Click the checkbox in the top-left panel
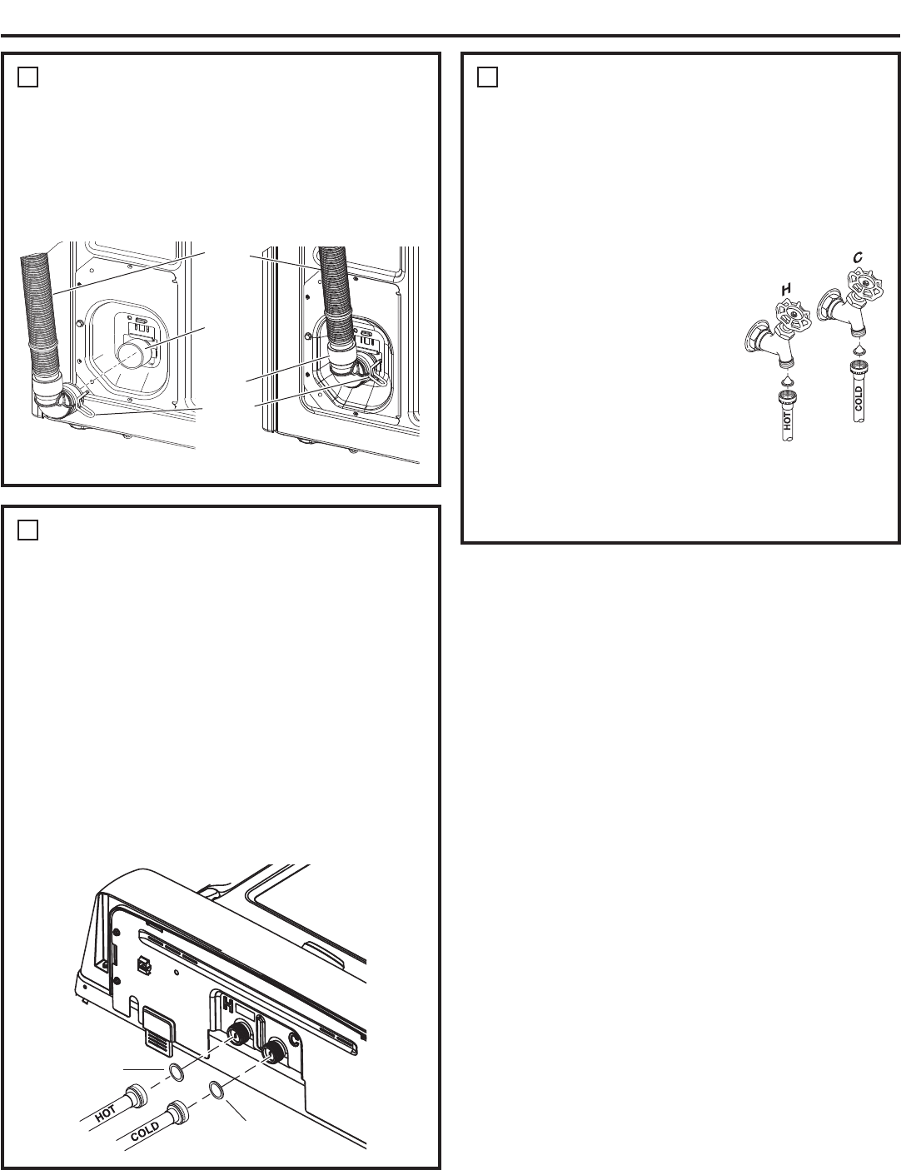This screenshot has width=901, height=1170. tap(27, 77)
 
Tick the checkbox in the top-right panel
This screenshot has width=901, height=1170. tap(487, 77)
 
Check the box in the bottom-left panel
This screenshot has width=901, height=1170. tap(27, 530)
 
